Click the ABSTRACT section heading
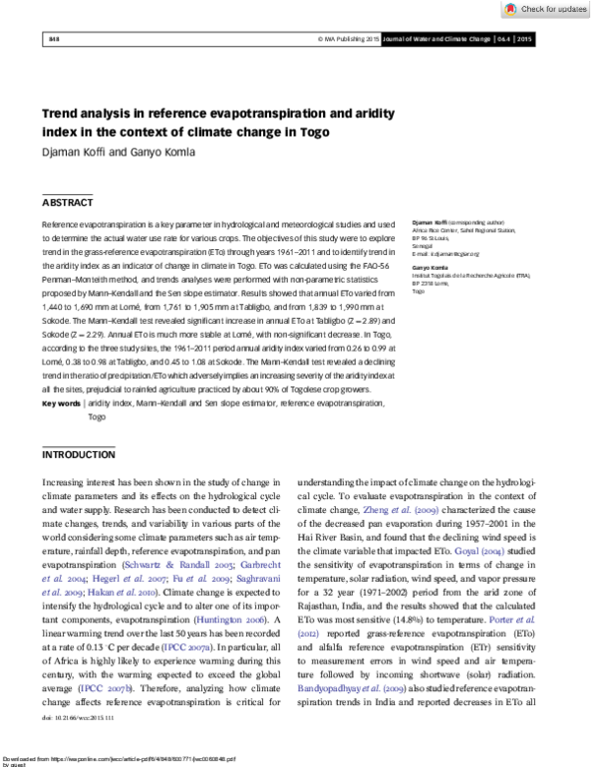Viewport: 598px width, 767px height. (x=67, y=202)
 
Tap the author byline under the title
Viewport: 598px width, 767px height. (x=112, y=152)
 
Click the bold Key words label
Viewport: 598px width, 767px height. (x=62, y=404)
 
